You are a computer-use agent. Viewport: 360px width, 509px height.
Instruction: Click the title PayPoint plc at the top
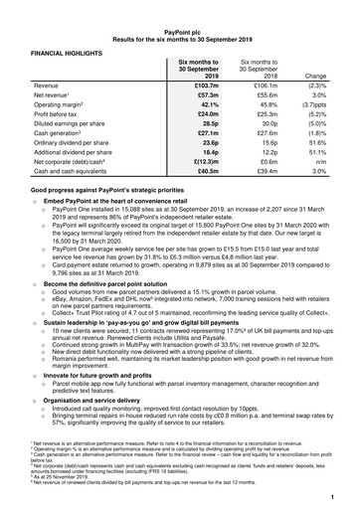tap(180, 12)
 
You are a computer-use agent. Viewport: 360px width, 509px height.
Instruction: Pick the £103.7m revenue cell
tap(203, 87)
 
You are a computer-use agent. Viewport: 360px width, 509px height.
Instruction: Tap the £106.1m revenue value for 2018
tap(262, 87)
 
